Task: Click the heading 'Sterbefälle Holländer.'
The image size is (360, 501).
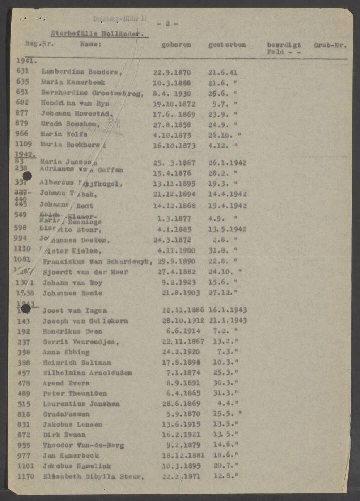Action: (99, 34)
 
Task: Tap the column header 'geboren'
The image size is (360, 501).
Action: (176, 45)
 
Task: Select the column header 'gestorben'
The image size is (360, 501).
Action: (227, 45)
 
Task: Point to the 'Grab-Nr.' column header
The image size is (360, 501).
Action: (330, 45)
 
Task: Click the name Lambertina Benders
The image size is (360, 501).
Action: (82, 72)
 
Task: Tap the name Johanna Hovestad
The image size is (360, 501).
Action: (77, 114)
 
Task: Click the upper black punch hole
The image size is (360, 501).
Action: (27, 176)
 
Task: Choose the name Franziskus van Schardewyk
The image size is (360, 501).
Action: (97, 262)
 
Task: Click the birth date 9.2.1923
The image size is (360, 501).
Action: (181, 282)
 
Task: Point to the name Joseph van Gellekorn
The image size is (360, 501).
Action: (85, 321)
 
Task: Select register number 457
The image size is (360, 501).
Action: (24, 373)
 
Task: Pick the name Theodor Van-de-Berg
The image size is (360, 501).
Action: (83, 445)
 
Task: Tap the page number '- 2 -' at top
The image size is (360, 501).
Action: (167, 23)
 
